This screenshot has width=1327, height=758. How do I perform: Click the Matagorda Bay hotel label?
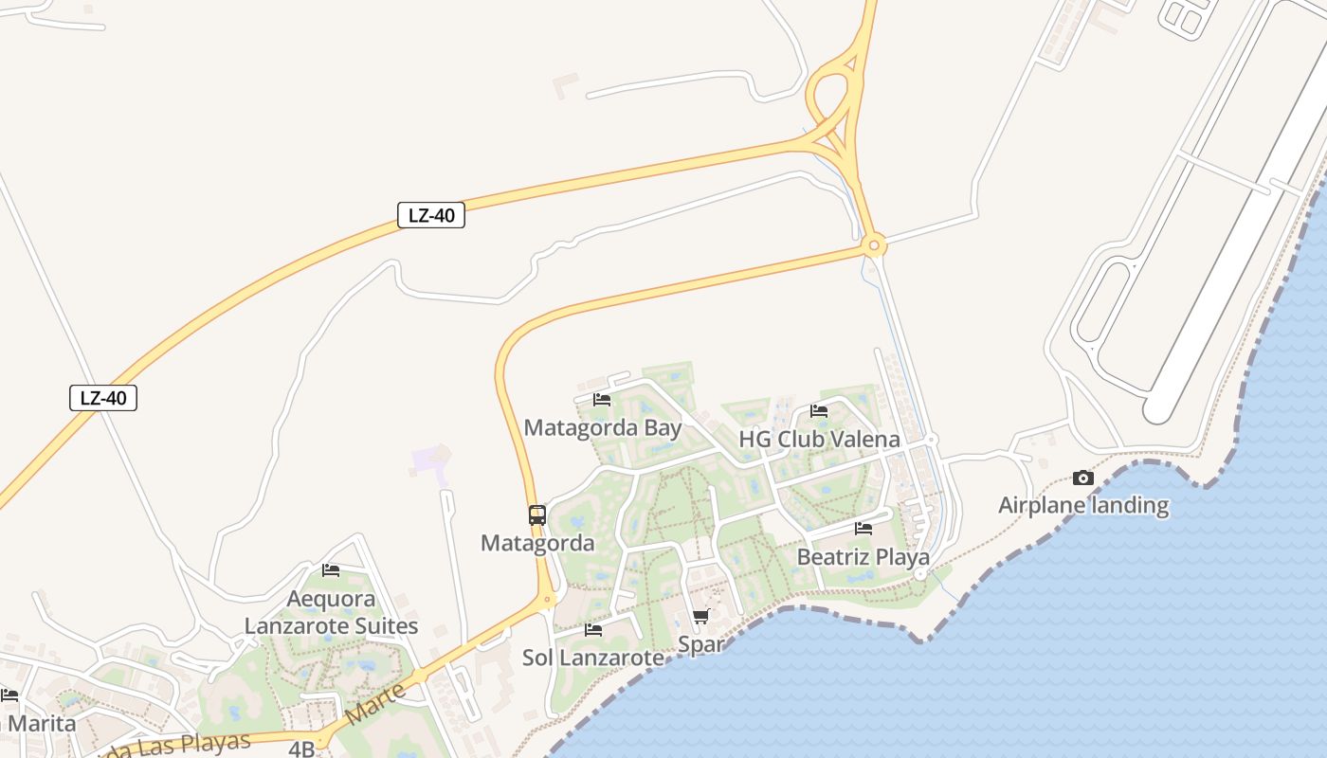click(603, 427)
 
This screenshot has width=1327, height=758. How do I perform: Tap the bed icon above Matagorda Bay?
click(601, 399)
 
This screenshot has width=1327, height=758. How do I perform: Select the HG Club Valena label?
click(819, 440)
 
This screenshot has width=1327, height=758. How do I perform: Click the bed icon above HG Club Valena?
click(819, 411)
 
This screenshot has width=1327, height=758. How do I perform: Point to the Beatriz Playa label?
click(863, 557)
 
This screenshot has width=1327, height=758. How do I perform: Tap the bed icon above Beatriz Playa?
click(863, 529)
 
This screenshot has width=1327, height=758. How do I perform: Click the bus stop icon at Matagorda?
click(537, 515)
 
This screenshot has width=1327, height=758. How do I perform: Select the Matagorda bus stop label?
click(537, 543)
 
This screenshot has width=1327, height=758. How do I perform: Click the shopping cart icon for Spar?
click(701, 617)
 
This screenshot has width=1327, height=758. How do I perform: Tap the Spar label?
click(701, 645)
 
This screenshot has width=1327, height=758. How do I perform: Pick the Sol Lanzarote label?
click(593, 658)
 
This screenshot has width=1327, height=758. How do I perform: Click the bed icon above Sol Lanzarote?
click(593, 629)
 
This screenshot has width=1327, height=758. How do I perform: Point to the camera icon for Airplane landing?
click(1083, 478)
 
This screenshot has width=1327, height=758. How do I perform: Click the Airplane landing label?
click(1083, 505)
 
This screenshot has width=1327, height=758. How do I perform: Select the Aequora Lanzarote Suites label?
click(331, 613)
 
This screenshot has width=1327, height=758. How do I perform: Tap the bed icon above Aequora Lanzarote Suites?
click(331, 570)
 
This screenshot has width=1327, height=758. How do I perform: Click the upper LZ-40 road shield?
click(431, 215)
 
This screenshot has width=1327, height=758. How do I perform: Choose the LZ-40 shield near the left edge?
click(103, 398)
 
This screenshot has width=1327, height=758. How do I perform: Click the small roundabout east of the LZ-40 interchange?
click(873, 246)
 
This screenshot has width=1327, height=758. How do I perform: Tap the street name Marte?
click(376, 704)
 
